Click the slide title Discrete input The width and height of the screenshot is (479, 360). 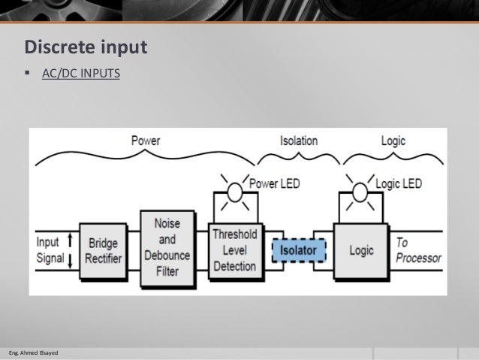(x=86, y=47)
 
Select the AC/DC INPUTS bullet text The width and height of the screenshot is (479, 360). (x=80, y=75)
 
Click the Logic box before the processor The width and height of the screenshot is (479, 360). (x=361, y=249)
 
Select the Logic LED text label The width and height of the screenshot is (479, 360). (x=399, y=183)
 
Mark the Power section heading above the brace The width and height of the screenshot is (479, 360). (x=145, y=141)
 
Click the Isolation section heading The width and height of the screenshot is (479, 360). (x=298, y=141)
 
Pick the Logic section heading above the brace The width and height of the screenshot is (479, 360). (x=393, y=141)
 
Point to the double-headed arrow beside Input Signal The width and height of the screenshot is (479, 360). (x=70, y=250)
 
